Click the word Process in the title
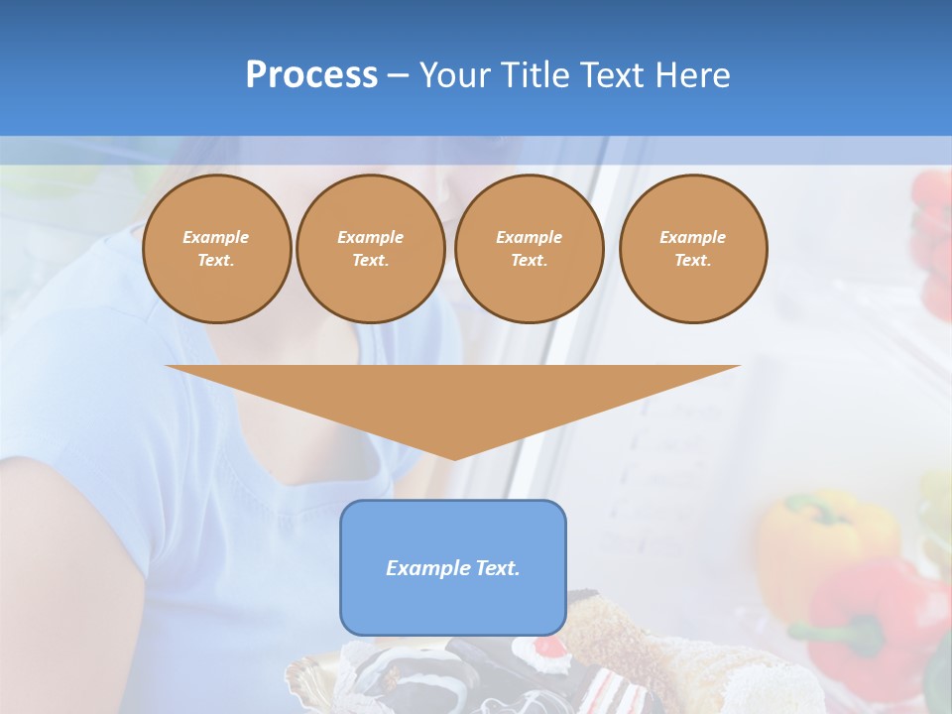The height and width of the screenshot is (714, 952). pyautogui.click(x=311, y=75)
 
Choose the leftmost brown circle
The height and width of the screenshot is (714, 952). pyautogui.click(x=216, y=249)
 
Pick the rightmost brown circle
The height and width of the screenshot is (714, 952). pyautogui.click(x=693, y=249)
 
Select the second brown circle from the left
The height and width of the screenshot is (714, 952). pyautogui.click(x=370, y=249)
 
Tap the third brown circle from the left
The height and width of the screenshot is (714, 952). pyautogui.click(x=529, y=249)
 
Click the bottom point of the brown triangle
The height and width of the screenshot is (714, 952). pyautogui.click(x=454, y=458)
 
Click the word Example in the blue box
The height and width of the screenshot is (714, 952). pyautogui.click(x=424, y=568)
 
